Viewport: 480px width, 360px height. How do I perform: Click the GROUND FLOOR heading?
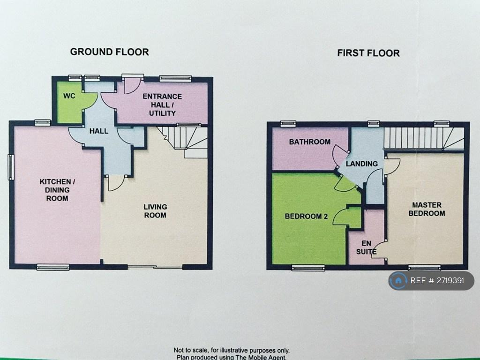110,52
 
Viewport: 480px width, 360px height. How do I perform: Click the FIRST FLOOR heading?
368,53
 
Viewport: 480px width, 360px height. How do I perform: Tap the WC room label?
69,96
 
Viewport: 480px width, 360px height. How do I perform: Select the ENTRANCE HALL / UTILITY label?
162,105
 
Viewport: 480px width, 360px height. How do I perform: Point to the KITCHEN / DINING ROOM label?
57,190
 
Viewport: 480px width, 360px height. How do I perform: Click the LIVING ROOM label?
155,211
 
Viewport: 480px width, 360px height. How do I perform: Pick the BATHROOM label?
310,142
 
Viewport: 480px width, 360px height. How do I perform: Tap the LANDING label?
362,164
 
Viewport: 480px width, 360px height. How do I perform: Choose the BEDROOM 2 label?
306,216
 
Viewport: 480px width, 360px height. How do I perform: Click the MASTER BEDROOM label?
427,209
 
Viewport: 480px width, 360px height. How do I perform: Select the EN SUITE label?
367,247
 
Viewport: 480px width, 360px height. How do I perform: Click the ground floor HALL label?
99,131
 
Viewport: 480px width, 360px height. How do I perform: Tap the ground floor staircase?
182,142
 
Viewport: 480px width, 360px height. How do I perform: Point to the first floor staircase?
424,138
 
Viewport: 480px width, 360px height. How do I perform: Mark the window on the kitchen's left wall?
11,167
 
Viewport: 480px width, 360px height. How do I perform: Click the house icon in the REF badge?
398,280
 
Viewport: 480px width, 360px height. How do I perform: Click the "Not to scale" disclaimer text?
232,350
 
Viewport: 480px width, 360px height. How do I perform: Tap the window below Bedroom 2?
308,268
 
